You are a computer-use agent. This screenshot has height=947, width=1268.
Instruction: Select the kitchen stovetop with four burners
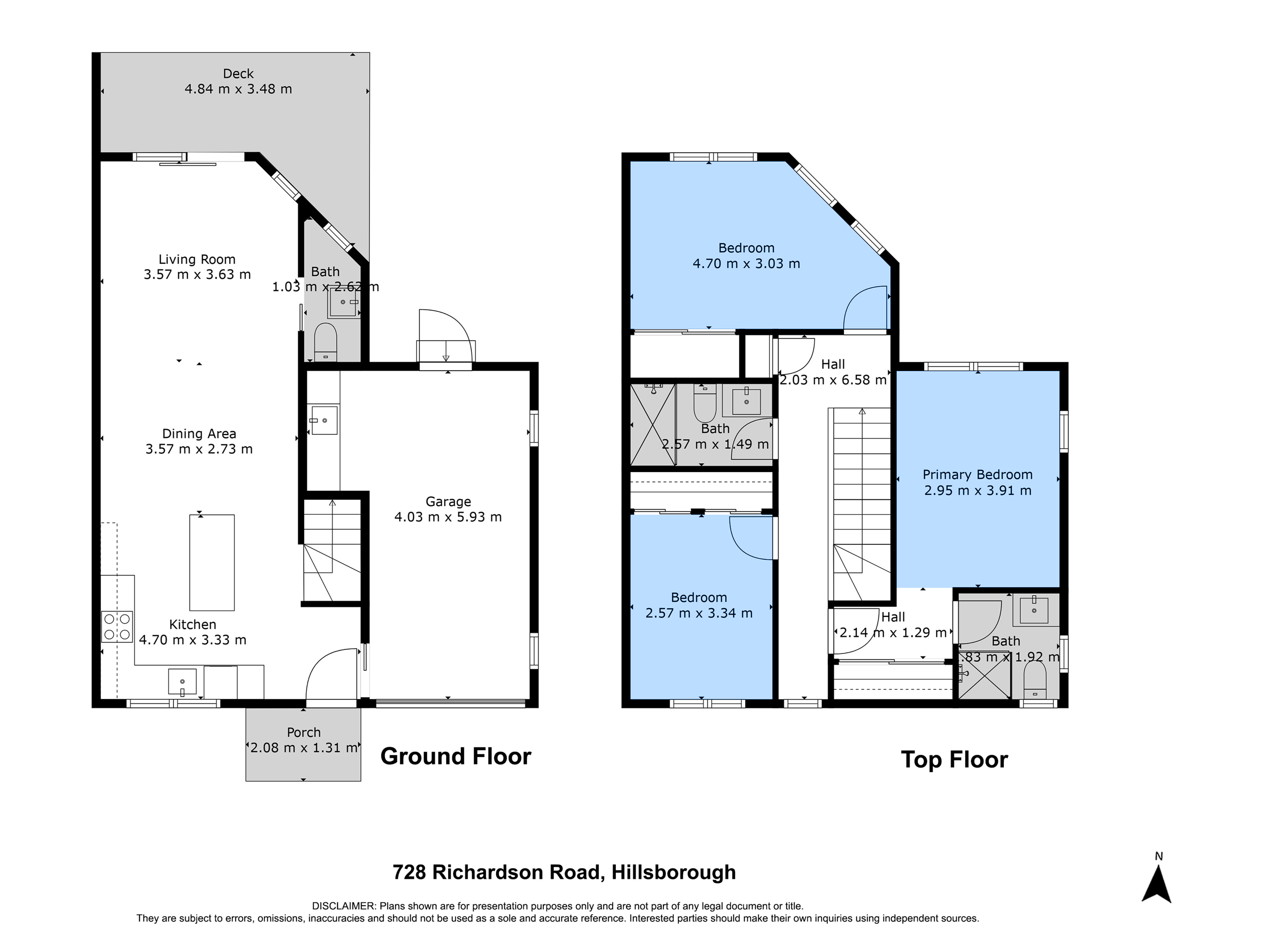117,627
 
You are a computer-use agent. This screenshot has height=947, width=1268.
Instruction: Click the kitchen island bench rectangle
212,562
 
